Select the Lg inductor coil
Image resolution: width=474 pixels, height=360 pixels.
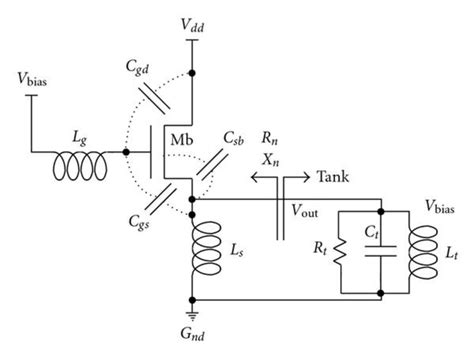[x=84, y=152]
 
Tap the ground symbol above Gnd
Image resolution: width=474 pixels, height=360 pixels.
[x=192, y=310]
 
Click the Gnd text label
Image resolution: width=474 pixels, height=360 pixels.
[x=192, y=335]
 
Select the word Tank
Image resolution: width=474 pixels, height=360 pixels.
[x=337, y=178]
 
